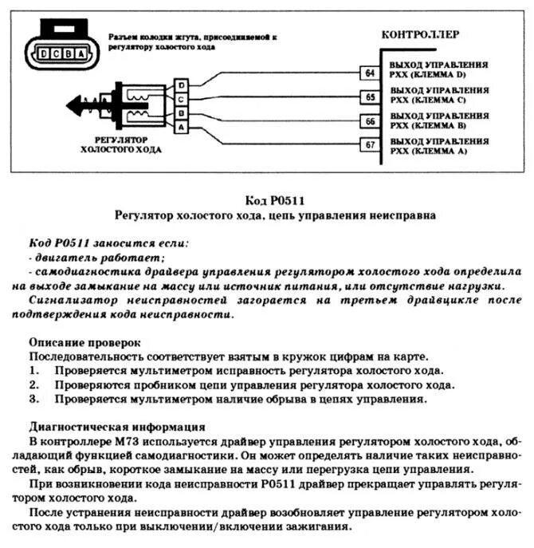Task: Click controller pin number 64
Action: [x=369, y=73]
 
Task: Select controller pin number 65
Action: [x=369, y=97]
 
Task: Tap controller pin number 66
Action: [x=369, y=121]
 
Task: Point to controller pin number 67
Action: [x=369, y=145]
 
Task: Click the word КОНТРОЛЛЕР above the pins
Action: [x=420, y=34]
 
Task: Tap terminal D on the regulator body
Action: [x=182, y=85]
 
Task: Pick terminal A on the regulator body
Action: [x=182, y=126]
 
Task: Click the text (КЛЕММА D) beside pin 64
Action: [x=436, y=76]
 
